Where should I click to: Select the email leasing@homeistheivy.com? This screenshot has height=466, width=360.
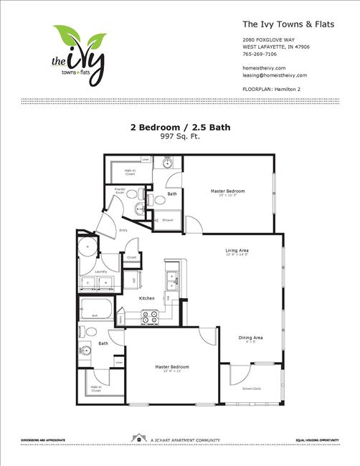(x=275, y=75)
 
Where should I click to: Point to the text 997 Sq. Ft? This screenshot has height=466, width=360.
(x=179, y=135)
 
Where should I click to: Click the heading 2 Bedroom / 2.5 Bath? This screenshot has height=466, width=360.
(x=180, y=127)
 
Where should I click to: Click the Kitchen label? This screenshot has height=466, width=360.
(x=147, y=298)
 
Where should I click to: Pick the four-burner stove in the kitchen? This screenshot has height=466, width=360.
(x=150, y=315)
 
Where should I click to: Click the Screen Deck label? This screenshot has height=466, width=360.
(x=251, y=388)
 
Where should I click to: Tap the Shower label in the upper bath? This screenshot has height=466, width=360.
(x=167, y=219)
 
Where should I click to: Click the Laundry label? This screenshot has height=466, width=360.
(x=100, y=272)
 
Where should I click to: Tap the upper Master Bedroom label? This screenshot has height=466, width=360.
(x=227, y=191)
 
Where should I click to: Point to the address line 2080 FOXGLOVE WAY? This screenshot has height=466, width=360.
(x=268, y=39)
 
